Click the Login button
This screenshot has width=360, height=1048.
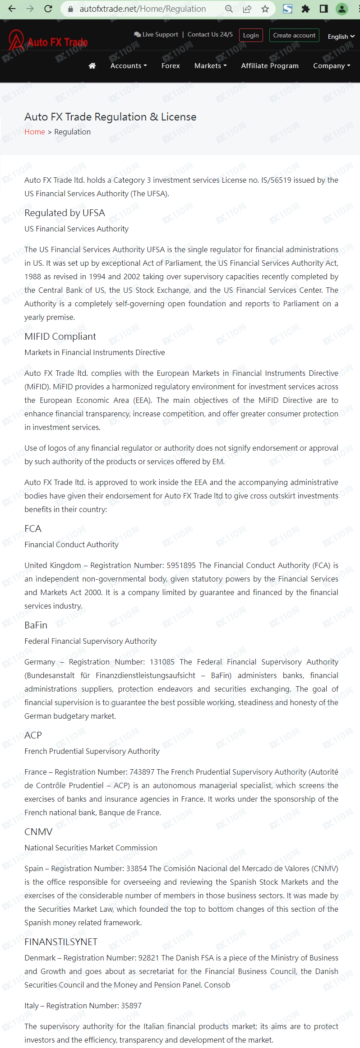pos(251,35)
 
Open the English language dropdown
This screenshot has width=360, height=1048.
pos(341,37)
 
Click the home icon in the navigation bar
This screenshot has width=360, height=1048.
pos(92,66)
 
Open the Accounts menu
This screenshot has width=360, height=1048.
pos(129,66)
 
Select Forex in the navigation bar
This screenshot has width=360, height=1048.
pos(171,66)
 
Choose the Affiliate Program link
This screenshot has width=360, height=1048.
pos(270,66)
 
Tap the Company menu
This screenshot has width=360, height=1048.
pos(332,66)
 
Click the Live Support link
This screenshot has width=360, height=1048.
pos(156,35)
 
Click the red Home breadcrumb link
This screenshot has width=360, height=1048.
pos(35,132)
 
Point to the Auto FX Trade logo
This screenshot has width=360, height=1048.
pos(48,42)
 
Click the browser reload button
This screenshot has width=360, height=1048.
pos(48,9)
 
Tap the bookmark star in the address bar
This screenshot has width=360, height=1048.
pos(265,9)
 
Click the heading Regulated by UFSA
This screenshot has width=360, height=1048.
pos(65,213)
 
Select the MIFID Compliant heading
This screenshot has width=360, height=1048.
pos(60,337)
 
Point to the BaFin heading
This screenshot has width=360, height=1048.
pos(36,625)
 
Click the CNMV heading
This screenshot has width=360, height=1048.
pos(38,832)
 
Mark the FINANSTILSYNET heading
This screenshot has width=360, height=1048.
pos(61,942)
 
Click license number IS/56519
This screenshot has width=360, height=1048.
pos(276,180)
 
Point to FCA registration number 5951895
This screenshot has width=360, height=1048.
pos(181,565)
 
